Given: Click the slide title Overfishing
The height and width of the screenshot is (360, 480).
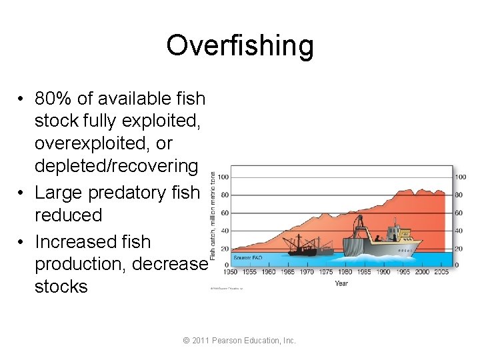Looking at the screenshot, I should (x=239, y=46).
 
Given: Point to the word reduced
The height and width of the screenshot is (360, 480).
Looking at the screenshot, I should (x=68, y=215).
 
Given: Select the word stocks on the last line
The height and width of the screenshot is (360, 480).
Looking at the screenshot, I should (x=61, y=287).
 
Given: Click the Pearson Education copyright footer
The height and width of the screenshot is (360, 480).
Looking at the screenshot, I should (x=239, y=341).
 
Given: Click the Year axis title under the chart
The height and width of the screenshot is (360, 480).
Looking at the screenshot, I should (x=341, y=283).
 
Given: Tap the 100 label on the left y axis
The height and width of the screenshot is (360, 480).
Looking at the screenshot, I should (x=223, y=177).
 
